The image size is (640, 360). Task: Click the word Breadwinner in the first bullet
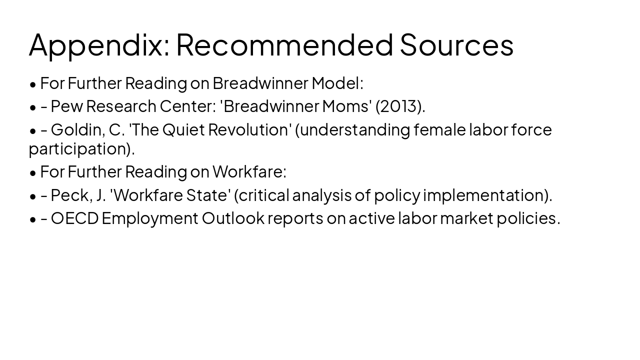(x=260, y=83)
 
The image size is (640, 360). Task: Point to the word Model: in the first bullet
(x=337, y=83)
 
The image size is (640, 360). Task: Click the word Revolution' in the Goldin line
(x=250, y=130)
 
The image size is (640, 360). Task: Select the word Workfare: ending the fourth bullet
(x=249, y=171)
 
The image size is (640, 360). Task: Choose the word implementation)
(x=487, y=195)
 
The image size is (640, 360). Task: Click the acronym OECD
(x=74, y=218)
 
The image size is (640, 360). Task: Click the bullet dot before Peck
(x=33, y=196)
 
